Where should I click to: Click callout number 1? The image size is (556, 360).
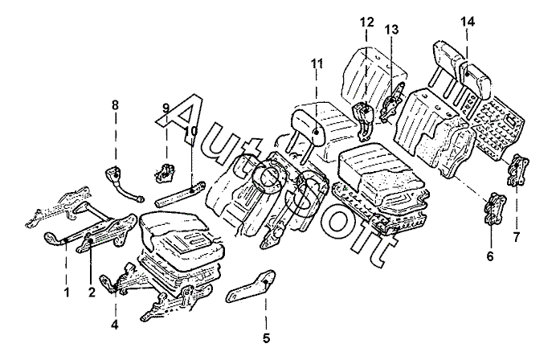pyautogui.click(x=67, y=292)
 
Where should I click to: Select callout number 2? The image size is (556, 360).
pyautogui.click(x=92, y=292)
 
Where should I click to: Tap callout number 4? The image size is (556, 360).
pyautogui.click(x=114, y=325)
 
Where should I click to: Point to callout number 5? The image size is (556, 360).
pyautogui.click(x=266, y=338)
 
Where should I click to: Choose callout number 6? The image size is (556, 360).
pyautogui.click(x=491, y=257)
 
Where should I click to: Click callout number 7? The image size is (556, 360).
pyautogui.click(x=517, y=236)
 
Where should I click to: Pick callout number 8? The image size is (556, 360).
pyautogui.click(x=114, y=105)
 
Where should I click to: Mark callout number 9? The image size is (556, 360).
pyautogui.click(x=166, y=108)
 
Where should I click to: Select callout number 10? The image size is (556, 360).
pyautogui.click(x=190, y=130)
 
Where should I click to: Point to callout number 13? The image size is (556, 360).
pyautogui.click(x=391, y=29)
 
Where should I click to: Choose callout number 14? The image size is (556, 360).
pyautogui.click(x=467, y=22)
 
